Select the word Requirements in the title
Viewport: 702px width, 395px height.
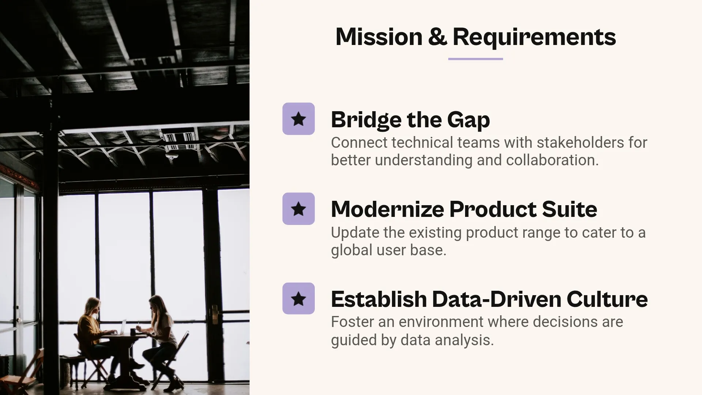534,37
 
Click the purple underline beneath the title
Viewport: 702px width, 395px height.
475,59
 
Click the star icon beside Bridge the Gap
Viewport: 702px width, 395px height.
298,119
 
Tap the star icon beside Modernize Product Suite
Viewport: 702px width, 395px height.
298,209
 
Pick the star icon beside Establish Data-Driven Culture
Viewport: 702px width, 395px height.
298,298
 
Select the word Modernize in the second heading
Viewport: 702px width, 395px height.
387,209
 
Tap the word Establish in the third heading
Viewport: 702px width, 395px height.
379,299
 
